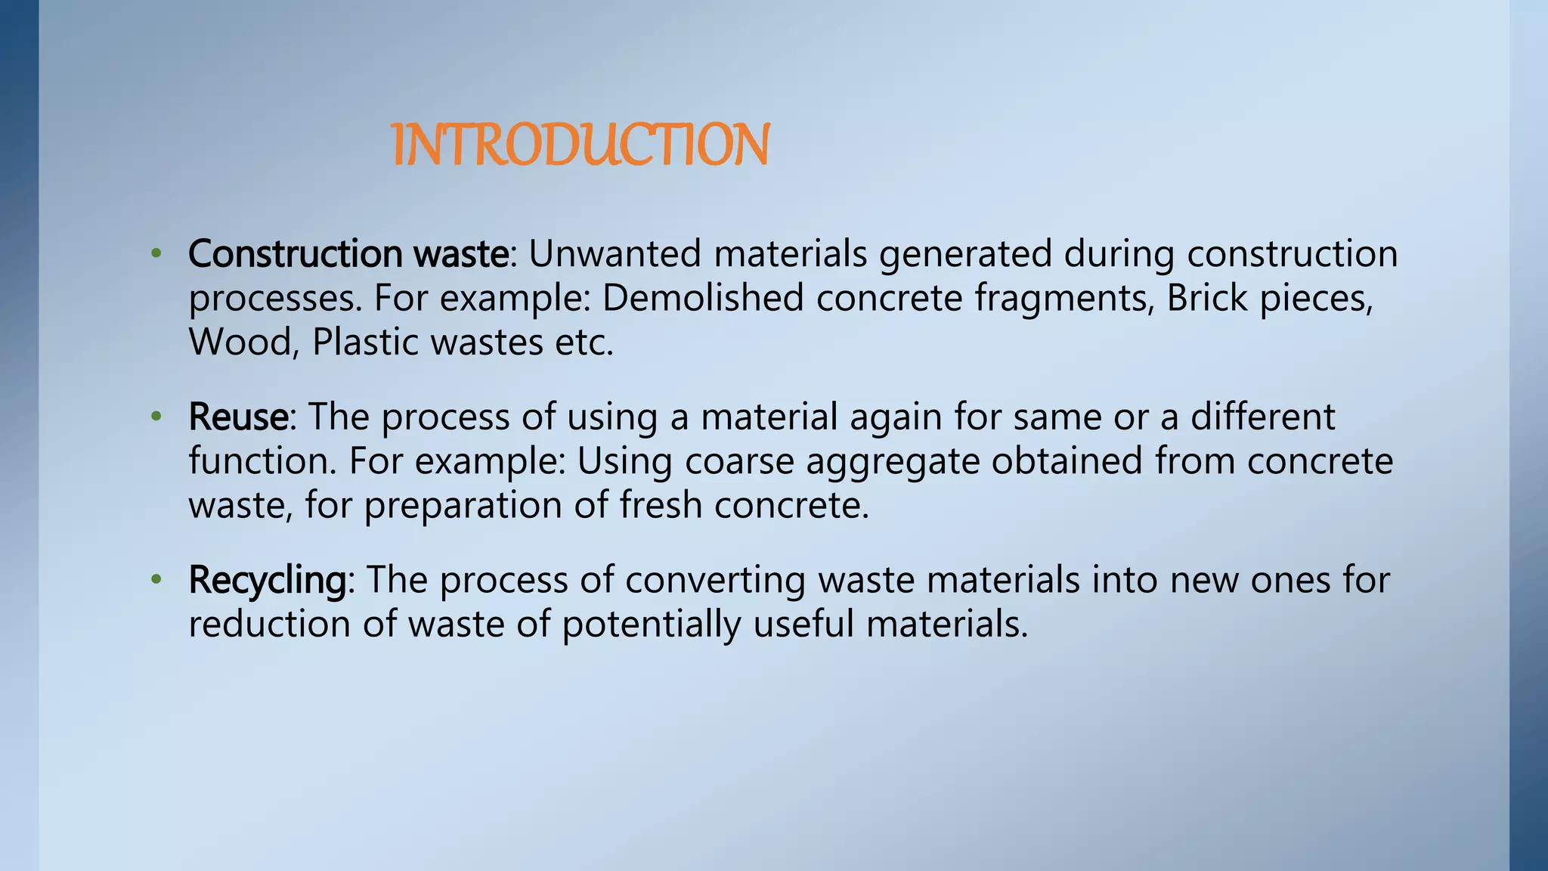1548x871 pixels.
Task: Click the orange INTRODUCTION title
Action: pyautogui.click(x=580, y=145)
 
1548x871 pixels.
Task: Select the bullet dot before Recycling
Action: pyautogui.click(x=156, y=580)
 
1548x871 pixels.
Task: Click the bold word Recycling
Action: pyautogui.click(x=267, y=581)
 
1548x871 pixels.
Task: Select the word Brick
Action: pyautogui.click(x=1206, y=297)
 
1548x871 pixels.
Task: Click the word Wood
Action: pyautogui.click(x=240, y=342)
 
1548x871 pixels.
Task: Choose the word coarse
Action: pyautogui.click(x=739, y=461)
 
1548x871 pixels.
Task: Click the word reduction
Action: pyautogui.click(x=269, y=625)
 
